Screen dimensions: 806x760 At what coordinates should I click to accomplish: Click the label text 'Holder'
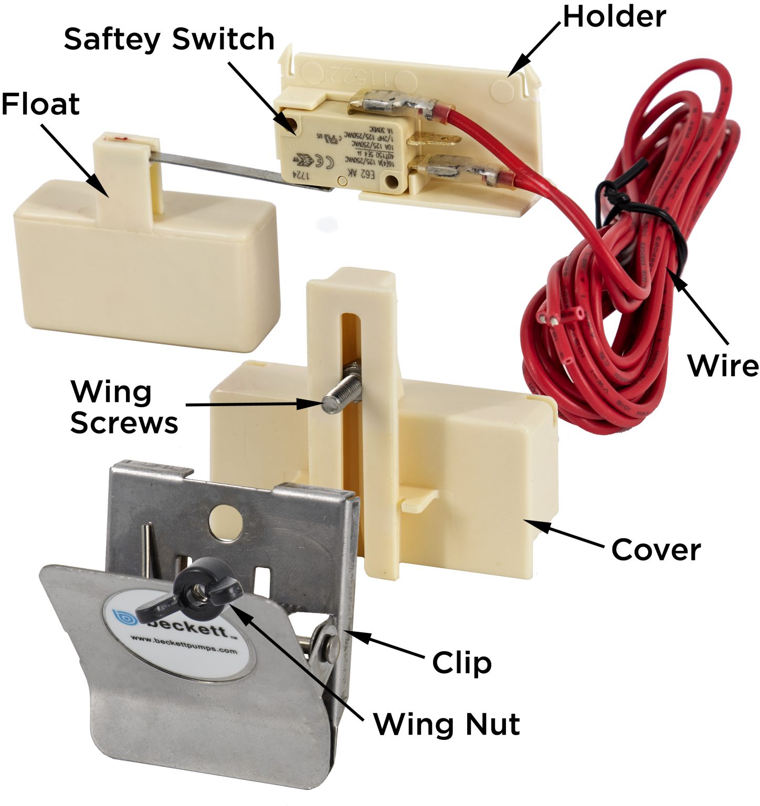614,17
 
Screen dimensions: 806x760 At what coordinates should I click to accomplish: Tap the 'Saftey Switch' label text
169,40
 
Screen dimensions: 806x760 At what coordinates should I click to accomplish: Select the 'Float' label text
40,104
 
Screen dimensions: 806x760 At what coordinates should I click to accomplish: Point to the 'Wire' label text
723,365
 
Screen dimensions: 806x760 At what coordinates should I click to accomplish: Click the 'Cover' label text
656,550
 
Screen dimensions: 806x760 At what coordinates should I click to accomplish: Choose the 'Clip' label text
462,663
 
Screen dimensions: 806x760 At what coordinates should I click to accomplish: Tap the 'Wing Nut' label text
447,725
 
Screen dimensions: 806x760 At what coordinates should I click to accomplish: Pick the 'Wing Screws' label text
124,407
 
